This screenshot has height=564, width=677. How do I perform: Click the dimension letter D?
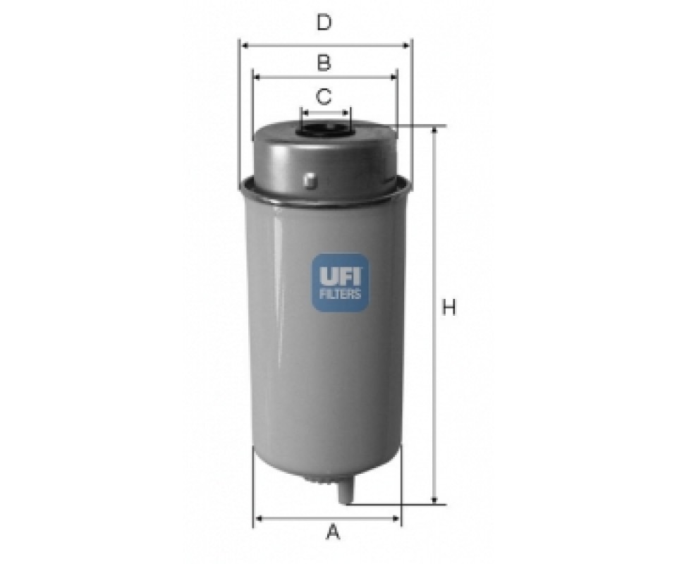coord(324,22)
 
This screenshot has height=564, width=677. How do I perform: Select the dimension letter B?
coord(324,63)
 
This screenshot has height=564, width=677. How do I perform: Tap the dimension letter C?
coord(324,96)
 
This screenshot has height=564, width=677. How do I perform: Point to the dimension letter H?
coord(449,307)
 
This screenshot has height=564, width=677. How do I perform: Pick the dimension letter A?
coord(333,532)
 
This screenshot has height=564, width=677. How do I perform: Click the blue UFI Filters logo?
coord(341,283)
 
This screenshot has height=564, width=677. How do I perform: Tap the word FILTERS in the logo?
coord(340,294)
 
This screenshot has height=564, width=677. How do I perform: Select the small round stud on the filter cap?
coord(310,180)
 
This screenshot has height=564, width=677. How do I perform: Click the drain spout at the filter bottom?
coord(345,491)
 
